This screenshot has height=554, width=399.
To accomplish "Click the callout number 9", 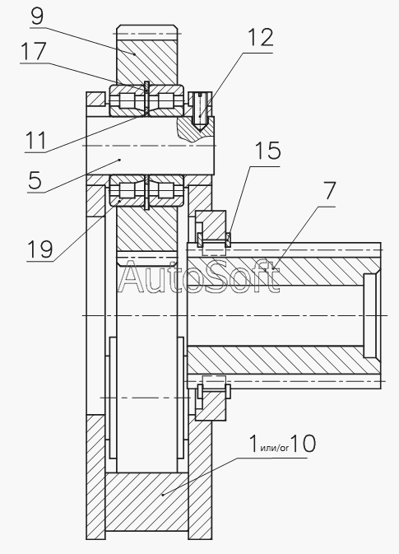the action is click(37, 16).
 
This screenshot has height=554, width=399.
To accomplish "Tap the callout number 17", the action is click(34, 51).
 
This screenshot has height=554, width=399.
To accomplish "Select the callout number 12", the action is click(261, 37).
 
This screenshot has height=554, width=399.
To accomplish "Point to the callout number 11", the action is click(36, 140).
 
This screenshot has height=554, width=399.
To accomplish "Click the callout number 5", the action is click(35, 180).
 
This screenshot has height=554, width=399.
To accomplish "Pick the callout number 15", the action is click(268, 151).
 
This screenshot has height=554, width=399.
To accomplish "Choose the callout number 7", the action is click(329, 191).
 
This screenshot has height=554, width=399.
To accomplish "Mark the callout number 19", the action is click(39, 249).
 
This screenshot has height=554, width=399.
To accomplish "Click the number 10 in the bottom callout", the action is click(304, 444).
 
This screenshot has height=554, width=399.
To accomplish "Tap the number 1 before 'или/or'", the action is click(253, 444).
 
